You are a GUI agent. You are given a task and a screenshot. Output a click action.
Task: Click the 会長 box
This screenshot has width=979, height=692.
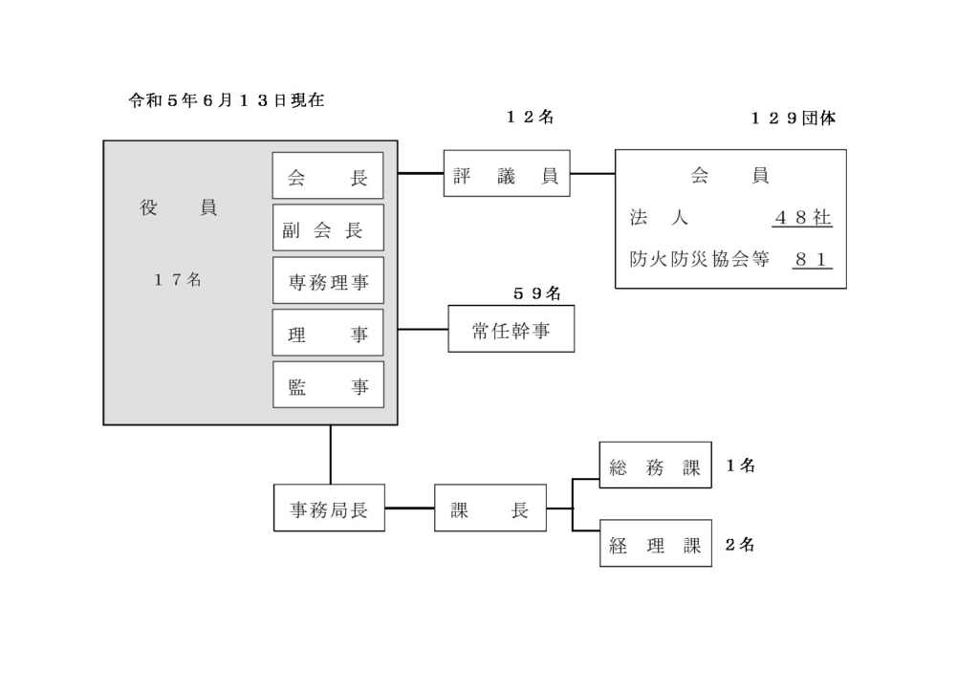click(x=328, y=176)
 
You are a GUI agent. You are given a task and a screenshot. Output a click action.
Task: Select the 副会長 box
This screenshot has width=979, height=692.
click(x=328, y=227)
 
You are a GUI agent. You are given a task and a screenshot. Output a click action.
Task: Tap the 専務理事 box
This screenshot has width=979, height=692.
click(x=328, y=280)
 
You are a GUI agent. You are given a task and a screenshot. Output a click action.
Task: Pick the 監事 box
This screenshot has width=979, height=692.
click(x=328, y=384)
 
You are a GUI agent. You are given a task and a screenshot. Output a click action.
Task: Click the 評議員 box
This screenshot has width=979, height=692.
click(x=507, y=173)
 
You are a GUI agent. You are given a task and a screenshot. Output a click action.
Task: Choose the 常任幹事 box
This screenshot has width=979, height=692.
click(x=511, y=329)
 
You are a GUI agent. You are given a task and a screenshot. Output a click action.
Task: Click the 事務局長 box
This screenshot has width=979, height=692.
click(x=329, y=508)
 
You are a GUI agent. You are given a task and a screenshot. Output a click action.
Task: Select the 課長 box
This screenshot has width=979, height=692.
click(x=490, y=508)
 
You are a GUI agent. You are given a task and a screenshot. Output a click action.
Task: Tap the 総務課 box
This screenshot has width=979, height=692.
click(x=655, y=465)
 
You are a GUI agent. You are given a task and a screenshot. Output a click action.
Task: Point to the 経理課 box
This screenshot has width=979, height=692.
click(x=656, y=544)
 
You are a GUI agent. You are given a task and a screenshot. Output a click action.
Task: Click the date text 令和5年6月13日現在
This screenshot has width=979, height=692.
click(x=227, y=100)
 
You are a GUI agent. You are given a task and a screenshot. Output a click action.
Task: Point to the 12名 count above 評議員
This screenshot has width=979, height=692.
click(x=530, y=117)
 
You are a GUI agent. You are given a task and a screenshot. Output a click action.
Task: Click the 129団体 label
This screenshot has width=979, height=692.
click(x=793, y=118)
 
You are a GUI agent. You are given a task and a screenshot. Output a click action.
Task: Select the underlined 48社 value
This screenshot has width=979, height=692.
click(x=802, y=218)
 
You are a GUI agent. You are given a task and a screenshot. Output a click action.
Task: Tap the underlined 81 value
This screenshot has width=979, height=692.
click(x=813, y=260)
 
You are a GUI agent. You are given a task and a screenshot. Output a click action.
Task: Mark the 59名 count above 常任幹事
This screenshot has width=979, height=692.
click(x=537, y=293)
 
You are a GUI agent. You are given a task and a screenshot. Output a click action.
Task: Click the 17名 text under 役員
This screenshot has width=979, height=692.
click(x=178, y=279)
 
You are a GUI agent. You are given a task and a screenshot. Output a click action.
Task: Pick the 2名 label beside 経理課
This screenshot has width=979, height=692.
click(x=741, y=545)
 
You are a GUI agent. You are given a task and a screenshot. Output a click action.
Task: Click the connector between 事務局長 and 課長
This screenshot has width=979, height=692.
click(x=409, y=508)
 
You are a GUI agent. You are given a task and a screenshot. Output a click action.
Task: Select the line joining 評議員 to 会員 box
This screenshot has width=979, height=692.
click(x=593, y=173)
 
